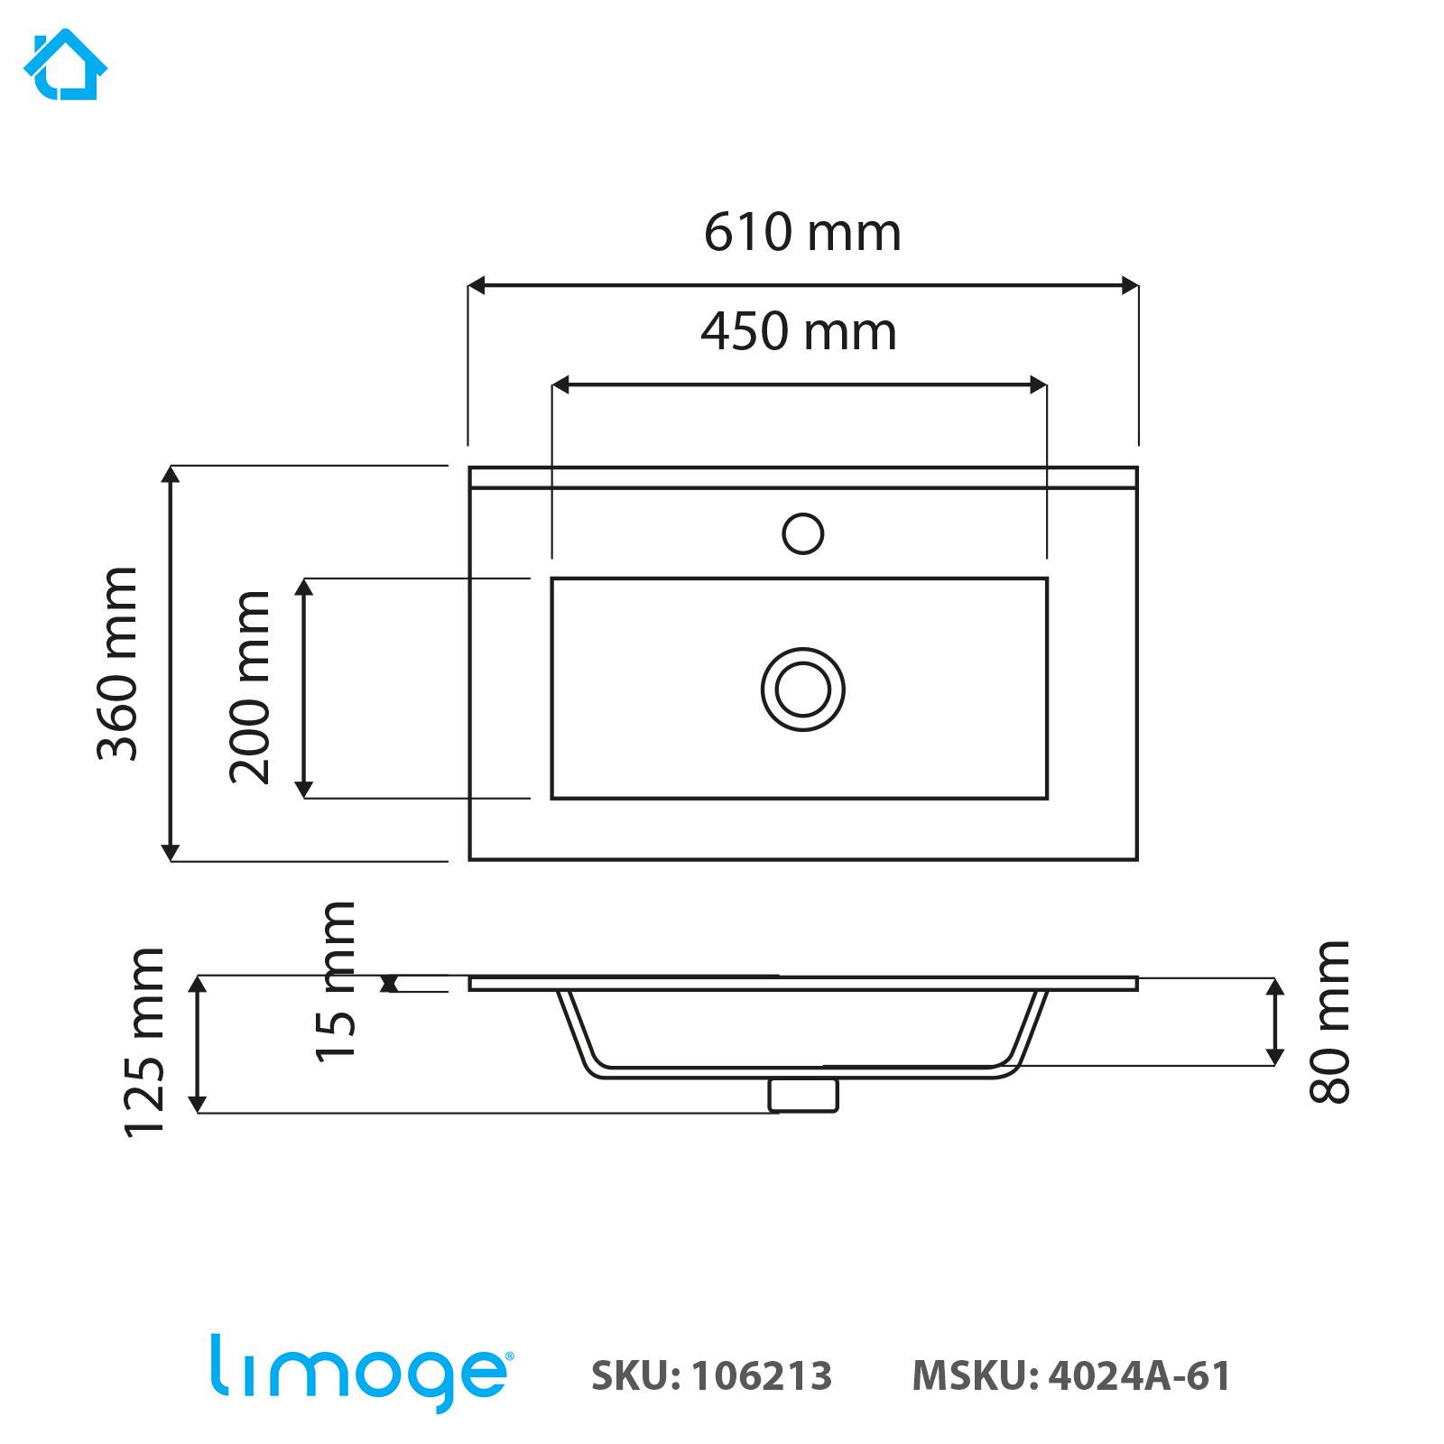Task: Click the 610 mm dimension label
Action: [802, 232]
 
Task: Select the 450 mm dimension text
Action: [799, 331]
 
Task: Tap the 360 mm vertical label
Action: [117, 664]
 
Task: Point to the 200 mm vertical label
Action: [250, 688]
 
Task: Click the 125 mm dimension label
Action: [144, 1043]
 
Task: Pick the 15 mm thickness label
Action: [336, 982]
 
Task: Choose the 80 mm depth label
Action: [1329, 1022]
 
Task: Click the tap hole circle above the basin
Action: [802, 533]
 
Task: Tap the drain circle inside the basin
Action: [802, 690]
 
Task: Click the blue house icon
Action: [65, 65]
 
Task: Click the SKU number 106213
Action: [762, 1376]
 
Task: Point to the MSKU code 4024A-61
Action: [1140, 1376]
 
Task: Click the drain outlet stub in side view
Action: [803, 1095]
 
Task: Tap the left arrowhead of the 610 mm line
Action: [477, 286]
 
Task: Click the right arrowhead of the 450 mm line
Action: [1039, 385]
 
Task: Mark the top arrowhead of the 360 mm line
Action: [171, 475]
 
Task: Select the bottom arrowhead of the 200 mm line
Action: [304, 789]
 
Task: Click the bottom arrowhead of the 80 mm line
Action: [1274, 1057]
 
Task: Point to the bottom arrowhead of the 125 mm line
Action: [198, 1104]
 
